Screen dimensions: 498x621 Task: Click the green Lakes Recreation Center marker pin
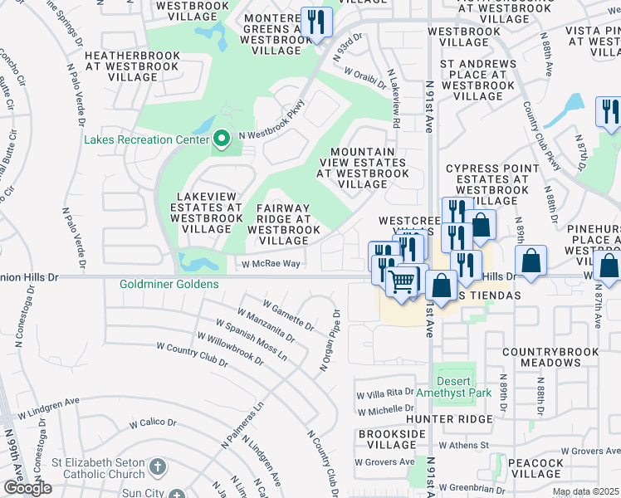click(x=221, y=139)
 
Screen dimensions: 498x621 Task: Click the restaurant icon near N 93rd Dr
click(x=315, y=22)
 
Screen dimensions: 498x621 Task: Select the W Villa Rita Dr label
click(x=384, y=392)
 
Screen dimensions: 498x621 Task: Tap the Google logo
click(x=27, y=488)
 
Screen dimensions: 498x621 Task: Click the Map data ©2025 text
click(x=584, y=491)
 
